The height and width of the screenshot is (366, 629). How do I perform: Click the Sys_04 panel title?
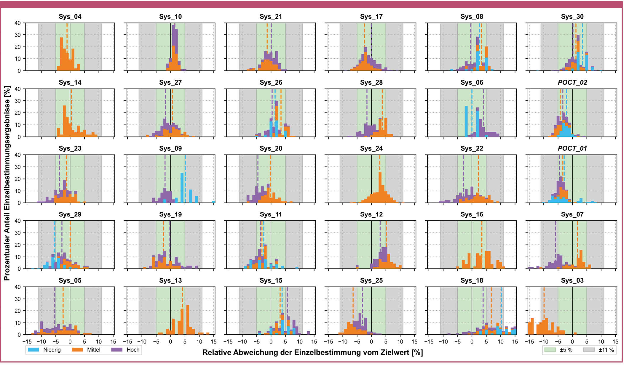click(70, 17)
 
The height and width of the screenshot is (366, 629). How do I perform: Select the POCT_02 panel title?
click(572, 83)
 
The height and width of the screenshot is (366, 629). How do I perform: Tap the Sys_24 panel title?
click(371, 148)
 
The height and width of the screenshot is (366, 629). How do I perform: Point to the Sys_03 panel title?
click(572, 280)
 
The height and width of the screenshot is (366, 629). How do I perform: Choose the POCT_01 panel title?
click(572, 148)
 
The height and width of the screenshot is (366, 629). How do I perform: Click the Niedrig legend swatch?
click(33, 350)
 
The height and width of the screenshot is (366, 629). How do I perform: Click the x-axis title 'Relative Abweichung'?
click(312, 352)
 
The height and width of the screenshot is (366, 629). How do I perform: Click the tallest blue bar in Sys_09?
click(182, 188)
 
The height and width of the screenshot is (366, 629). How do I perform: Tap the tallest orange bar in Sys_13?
click(188, 320)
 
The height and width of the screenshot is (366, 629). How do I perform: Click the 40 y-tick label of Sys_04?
click(18, 23)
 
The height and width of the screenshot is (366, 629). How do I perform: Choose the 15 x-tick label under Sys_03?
click(615, 341)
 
